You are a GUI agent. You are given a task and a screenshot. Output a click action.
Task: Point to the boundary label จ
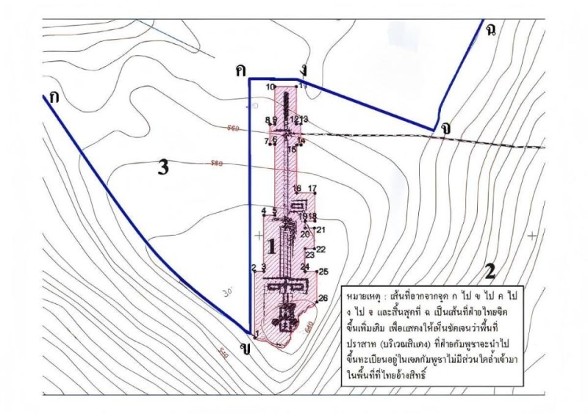click(446, 126)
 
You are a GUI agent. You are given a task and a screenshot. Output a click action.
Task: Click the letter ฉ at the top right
click(490, 29)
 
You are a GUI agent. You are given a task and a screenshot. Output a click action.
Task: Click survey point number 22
click(320, 250)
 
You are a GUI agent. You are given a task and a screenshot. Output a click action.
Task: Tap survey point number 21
click(320, 230)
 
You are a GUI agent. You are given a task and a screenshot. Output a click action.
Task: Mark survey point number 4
click(263, 211)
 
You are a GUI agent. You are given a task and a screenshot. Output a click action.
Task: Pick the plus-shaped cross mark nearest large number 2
click(531, 236)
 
